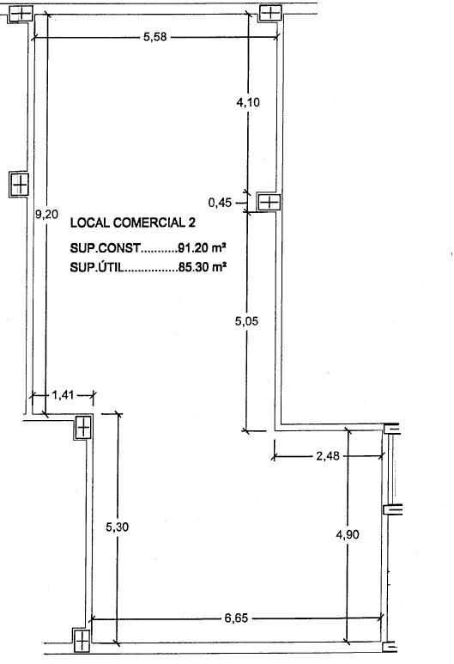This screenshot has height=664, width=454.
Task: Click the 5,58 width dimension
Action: point(154,37)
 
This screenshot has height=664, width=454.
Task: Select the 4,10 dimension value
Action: point(248,102)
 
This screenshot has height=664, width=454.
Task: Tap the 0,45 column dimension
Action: point(220,203)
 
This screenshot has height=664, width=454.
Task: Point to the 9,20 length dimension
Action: point(46,214)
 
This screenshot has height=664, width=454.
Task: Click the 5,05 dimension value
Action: point(246,321)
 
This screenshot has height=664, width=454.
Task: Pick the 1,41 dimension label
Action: point(63,395)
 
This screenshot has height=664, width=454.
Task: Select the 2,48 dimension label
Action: point(328,456)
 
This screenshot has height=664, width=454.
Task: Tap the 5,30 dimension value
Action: point(118,527)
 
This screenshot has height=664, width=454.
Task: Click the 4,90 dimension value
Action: point(348,534)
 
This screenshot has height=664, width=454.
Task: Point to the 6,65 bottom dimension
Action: point(236,618)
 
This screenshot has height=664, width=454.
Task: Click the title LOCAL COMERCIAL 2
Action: point(133,222)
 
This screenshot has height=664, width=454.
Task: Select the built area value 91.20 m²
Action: point(202,247)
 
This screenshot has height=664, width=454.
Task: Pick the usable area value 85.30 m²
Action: point(202,267)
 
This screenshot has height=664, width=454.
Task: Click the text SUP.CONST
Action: point(105,247)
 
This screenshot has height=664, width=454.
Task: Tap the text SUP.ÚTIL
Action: point(97,267)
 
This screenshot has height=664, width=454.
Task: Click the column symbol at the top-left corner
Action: point(21,14)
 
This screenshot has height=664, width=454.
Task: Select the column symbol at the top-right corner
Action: point(270,13)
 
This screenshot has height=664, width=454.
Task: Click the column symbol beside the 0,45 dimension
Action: point(269,202)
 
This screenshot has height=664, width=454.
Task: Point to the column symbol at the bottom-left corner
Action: point(82,641)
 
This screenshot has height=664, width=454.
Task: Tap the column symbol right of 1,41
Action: point(83,427)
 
